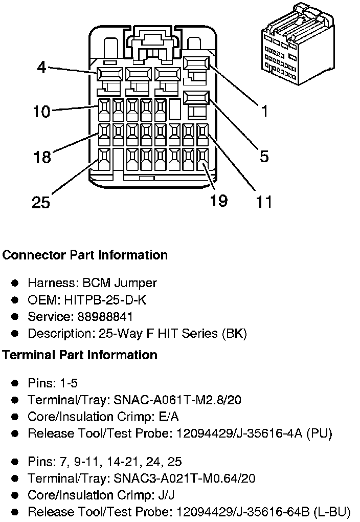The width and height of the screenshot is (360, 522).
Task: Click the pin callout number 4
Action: (41, 67)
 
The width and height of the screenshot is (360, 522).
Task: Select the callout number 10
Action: (41, 111)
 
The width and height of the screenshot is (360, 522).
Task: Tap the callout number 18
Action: (42, 157)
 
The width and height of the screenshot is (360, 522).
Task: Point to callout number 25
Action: (41, 202)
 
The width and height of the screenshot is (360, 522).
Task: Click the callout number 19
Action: (218, 201)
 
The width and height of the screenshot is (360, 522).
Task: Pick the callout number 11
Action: (264, 202)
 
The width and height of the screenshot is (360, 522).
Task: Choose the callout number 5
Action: (264, 157)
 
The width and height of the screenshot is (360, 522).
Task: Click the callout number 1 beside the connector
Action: (264, 111)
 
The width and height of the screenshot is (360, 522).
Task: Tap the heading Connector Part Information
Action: (85, 255)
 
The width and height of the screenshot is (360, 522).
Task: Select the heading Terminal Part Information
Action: (80, 355)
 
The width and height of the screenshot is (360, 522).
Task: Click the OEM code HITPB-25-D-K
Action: (105, 300)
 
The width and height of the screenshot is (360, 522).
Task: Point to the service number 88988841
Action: (105, 317)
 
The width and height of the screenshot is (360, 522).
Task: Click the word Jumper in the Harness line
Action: (136, 283)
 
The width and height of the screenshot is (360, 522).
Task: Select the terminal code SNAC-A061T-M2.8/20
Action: (177, 400)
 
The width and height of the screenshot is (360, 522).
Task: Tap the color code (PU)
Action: (319, 433)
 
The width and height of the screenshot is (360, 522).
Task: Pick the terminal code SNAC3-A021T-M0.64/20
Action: (184, 478)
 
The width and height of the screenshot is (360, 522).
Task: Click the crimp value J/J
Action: (166, 495)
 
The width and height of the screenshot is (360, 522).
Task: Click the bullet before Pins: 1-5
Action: (15, 383)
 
